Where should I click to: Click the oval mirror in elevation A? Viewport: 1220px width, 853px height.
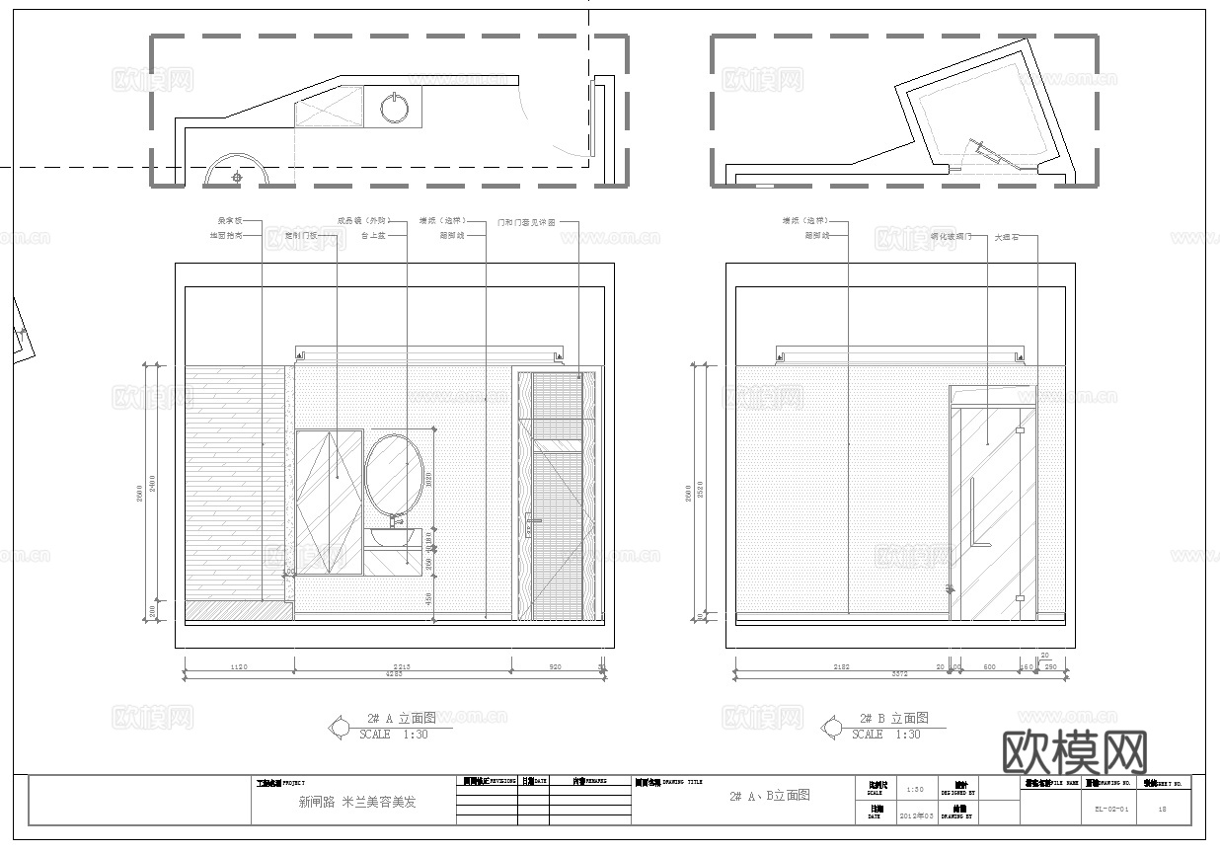coord(395,475)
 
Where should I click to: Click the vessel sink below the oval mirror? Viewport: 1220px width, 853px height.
coord(394,538)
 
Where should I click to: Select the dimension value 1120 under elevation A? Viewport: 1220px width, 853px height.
coord(238,667)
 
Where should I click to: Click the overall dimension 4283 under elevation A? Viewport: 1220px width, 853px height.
coord(393,676)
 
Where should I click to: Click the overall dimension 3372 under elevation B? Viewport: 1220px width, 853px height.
coord(899,676)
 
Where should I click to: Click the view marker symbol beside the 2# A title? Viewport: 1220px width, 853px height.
coord(339,728)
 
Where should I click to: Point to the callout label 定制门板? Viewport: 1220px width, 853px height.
coord(301,236)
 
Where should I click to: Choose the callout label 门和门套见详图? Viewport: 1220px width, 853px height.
coord(527,222)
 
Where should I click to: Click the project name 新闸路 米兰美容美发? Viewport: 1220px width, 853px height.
coord(357,802)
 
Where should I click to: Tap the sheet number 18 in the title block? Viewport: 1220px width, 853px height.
coord(1162,808)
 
